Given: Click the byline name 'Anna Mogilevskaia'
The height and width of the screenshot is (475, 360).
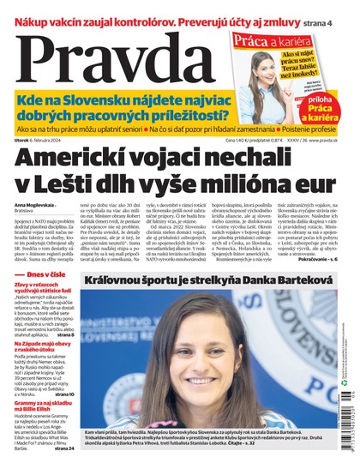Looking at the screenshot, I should pyautogui.click(x=33, y=205).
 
